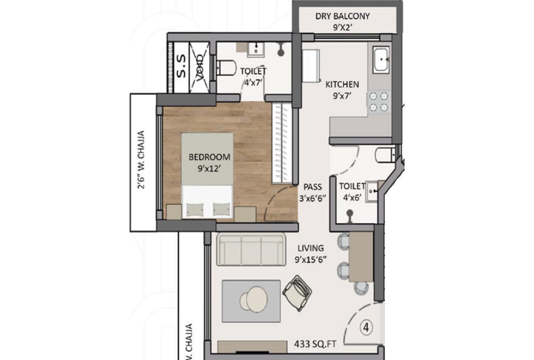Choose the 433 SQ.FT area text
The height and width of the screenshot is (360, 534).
click(x=315, y=344)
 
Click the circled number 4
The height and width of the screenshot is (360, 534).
click(x=366, y=328)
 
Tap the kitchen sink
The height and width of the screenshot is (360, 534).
click(x=381, y=59)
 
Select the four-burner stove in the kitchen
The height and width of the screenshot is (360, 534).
click(x=379, y=102)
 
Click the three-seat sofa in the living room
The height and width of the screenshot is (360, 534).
click(x=251, y=249)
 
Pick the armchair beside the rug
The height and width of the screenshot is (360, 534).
click(x=297, y=292)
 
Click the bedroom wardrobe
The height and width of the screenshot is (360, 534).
click(x=280, y=143)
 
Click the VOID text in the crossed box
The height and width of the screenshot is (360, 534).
click(x=200, y=67)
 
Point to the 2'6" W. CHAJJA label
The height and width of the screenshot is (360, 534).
click(x=141, y=160)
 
